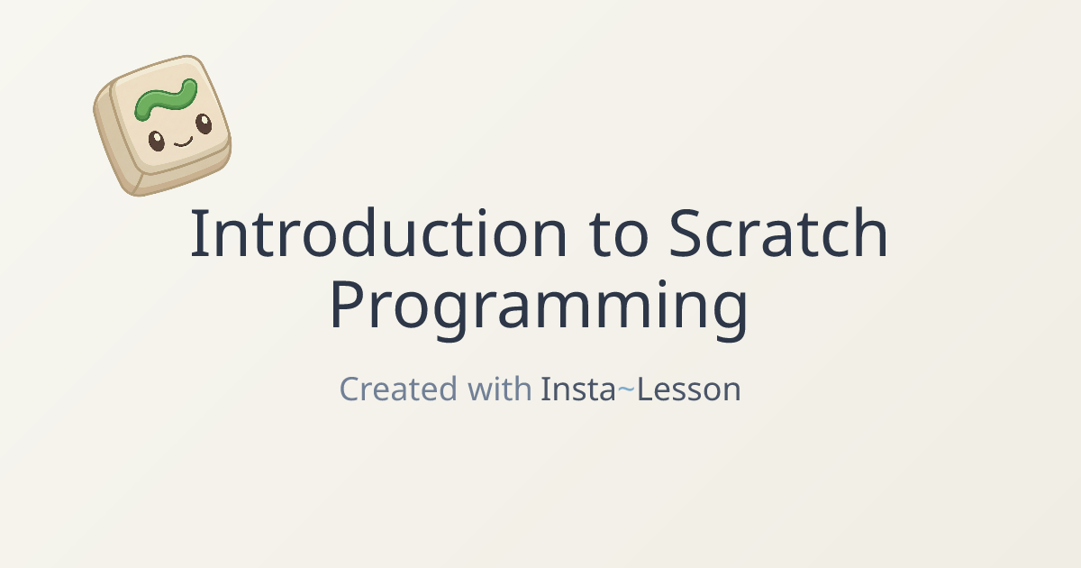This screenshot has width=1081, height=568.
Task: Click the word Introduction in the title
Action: point(379,233)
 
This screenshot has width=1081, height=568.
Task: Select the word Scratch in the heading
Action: point(778,233)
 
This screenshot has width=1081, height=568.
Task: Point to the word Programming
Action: point(539,309)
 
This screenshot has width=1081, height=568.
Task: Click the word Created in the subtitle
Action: point(398,389)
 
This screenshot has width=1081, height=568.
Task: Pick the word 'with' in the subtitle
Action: point(499,388)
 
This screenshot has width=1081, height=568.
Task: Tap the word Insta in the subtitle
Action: point(578,389)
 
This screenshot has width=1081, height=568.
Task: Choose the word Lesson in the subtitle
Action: point(688,389)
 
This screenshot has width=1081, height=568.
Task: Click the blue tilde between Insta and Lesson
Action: point(626,389)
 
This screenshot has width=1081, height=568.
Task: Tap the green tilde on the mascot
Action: point(166,100)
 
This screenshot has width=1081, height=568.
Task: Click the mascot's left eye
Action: point(157,141)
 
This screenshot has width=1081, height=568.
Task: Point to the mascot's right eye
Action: point(204,124)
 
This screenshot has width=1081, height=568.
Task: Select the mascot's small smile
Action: point(184,142)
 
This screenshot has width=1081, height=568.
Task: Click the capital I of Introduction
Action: point(195,233)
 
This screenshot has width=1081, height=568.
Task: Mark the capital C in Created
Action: point(350,389)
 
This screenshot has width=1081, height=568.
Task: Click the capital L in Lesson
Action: point(647,389)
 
